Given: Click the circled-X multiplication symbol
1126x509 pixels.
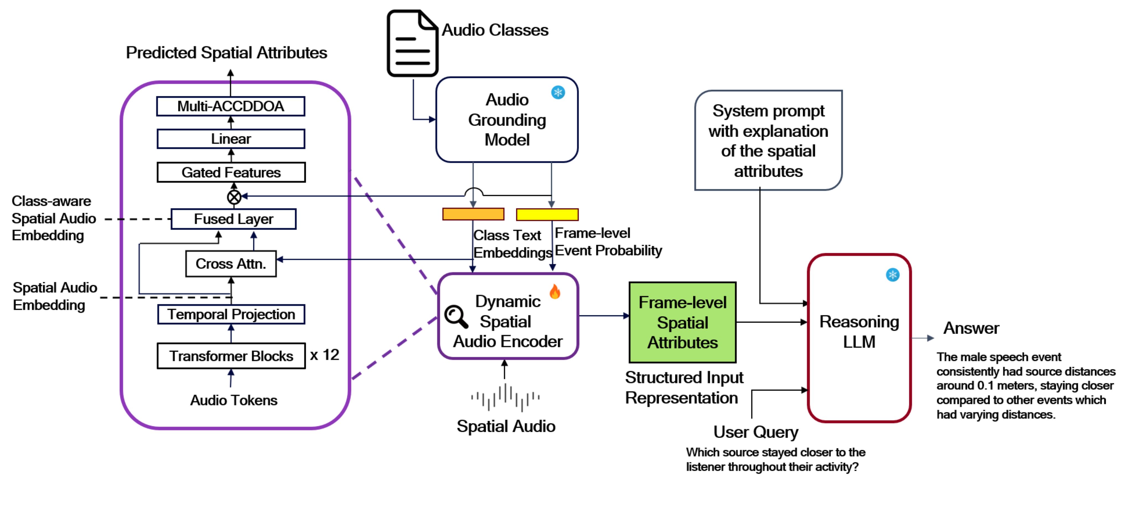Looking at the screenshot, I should pos(234,197).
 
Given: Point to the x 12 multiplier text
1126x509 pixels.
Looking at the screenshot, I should pos(324,355).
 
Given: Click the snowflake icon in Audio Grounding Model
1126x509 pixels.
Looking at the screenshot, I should pos(558,93).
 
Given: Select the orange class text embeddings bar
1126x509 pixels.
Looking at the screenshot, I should pos(473,214).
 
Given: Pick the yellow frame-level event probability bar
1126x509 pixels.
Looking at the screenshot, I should pos(547,215).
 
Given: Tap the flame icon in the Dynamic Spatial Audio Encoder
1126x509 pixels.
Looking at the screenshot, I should pos(555,291).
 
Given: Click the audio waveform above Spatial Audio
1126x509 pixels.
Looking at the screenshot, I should pos(505,397).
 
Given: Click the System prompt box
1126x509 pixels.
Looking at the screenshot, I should pos(768,140).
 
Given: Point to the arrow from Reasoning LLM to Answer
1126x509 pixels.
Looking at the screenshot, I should pos(922,338).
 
